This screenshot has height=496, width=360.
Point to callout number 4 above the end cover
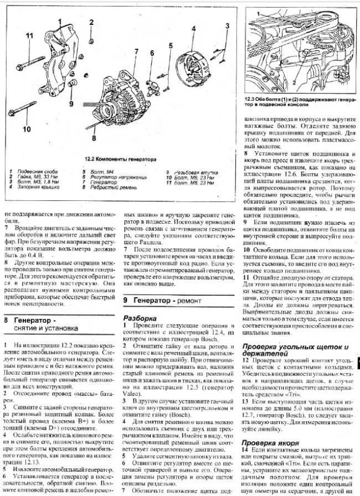195,28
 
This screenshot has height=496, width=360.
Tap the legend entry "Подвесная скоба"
35,172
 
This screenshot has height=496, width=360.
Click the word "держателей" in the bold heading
260,354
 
